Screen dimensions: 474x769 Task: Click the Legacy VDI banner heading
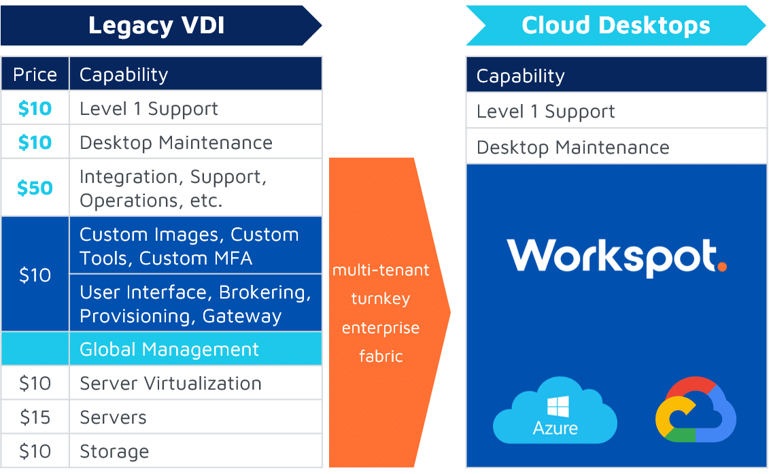pyautogui.click(x=156, y=26)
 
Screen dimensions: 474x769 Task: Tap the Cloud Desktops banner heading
pyautogui.click(x=615, y=26)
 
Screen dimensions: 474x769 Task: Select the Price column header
pyautogui.click(x=35, y=74)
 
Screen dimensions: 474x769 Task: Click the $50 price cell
pyautogui.click(x=35, y=188)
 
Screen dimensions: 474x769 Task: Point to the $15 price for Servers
pyautogui.click(x=35, y=417)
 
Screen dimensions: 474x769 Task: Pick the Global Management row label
pyautogui.click(x=169, y=350)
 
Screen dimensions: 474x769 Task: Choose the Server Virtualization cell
pyautogui.click(x=171, y=384)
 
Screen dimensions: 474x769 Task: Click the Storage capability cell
pyautogui.click(x=114, y=452)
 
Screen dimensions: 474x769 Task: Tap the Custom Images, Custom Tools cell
pyautogui.click(x=189, y=246)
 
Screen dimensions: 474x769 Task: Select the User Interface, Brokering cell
pyautogui.click(x=195, y=304)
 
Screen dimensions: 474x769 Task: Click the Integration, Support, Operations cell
pyautogui.click(x=173, y=188)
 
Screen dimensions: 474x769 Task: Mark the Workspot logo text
pyautogui.click(x=610, y=256)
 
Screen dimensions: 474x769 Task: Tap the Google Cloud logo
pyautogui.click(x=695, y=411)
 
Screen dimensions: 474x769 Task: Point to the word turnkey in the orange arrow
pyautogui.click(x=381, y=299)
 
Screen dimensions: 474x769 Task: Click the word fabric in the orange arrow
pyautogui.click(x=381, y=356)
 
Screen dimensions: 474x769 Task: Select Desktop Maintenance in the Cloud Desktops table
pyautogui.click(x=573, y=148)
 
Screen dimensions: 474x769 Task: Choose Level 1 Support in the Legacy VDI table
pyautogui.click(x=149, y=109)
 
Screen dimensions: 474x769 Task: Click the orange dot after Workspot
pyautogui.click(x=721, y=267)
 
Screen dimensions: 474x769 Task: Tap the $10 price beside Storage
pyautogui.click(x=35, y=452)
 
